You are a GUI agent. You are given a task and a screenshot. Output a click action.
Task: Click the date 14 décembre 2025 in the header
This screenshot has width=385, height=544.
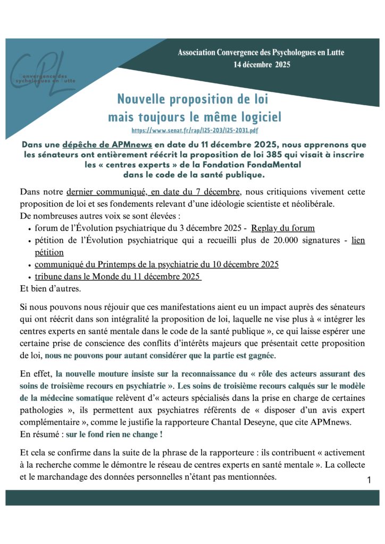(x=261, y=65)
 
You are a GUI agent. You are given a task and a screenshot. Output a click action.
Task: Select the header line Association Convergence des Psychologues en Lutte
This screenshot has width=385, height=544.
(x=261, y=53)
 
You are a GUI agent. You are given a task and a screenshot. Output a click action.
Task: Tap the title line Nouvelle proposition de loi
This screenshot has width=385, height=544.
(x=193, y=99)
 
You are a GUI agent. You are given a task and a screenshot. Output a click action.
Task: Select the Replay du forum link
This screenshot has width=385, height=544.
(x=283, y=228)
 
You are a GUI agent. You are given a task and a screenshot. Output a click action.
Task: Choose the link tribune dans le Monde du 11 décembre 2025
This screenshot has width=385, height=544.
(x=118, y=277)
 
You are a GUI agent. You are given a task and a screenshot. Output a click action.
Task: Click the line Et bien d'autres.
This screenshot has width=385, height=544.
(x=48, y=290)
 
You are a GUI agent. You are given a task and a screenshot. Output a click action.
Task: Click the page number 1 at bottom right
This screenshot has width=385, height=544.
(x=369, y=480)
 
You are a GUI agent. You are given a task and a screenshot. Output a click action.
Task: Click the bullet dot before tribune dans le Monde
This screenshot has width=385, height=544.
(x=29, y=277)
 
